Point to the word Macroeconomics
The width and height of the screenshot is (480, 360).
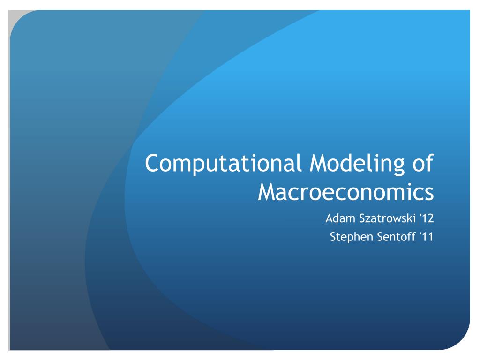pos(346,192)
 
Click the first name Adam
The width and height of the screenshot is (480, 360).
pos(340,218)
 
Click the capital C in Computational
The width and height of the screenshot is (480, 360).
pos(152,163)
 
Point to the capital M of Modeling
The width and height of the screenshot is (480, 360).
pos(320,163)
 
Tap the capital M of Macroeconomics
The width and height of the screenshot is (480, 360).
pos(268,192)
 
